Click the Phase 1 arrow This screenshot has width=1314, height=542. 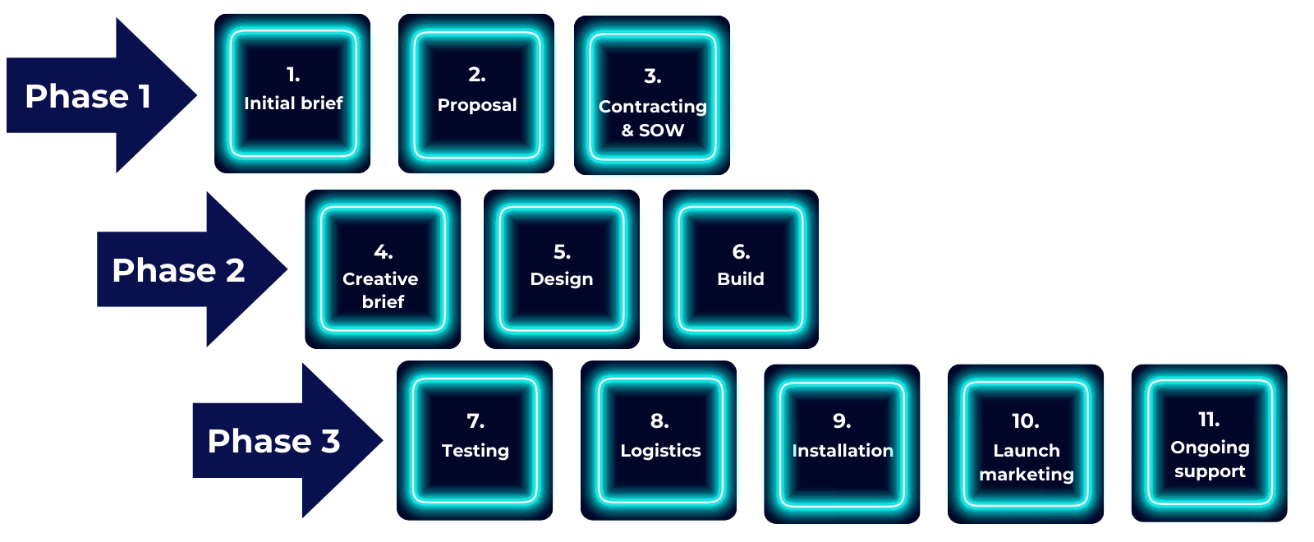pyautogui.click(x=90, y=96)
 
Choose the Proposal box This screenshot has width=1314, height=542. pyautogui.click(x=477, y=94)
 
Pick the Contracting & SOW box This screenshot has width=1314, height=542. pyautogui.click(x=653, y=97)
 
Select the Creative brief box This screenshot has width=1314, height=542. pyautogui.click(x=383, y=269)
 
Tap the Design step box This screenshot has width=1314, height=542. pyautogui.click(x=562, y=269)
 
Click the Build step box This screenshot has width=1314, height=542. pyautogui.click(x=741, y=269)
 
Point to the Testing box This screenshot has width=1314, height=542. pyautogui.click(x=476, y=440)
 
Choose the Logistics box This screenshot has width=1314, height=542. pyautogui.click(x=660, y=440)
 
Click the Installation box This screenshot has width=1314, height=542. pyautogui.click(x=843, y=443)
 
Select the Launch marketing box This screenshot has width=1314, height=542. pyautogui.click(x=1026, y=443)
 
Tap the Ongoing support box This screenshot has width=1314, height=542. pyautogui.click(x=1210, y=442)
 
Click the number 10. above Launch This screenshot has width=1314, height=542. pyautogui.click(x=1026, y=421)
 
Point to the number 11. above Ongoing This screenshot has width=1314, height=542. pyautogui.click(x=1209, y=420)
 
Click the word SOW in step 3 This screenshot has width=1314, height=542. pyautogui.click(x=662, y=131)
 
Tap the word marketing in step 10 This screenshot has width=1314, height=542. pyautogui.click(x=1027, y=475)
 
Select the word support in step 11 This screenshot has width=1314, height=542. pyautogui.click(x=1210, y=471)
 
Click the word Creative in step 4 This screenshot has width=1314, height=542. pyautogui.click(x=380, y=279)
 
